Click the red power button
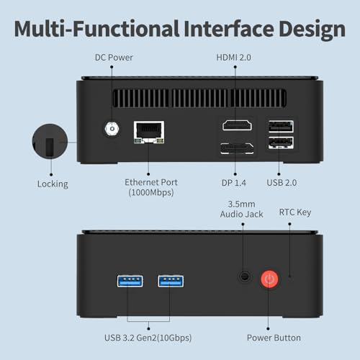[269, 279]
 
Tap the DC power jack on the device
[112, 129]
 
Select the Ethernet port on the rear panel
[149, 132]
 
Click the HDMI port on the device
[237, 125]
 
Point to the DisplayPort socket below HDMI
[237, 148]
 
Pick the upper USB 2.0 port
[281, 127]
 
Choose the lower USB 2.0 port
[281, 143]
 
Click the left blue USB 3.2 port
[130, 281]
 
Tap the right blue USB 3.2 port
[171, 281]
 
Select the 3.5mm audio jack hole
[245, 276]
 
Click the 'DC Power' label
[114, 58]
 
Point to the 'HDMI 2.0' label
[233, 58]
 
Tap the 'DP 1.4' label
[234, 183]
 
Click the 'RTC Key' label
[295, 212]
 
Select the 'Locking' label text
[53, 184]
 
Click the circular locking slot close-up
[50, 141]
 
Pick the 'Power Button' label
[274, 338]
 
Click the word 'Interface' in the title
[229, 29]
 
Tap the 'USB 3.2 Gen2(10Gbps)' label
[148, 338]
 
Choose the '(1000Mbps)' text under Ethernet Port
[151, 192]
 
